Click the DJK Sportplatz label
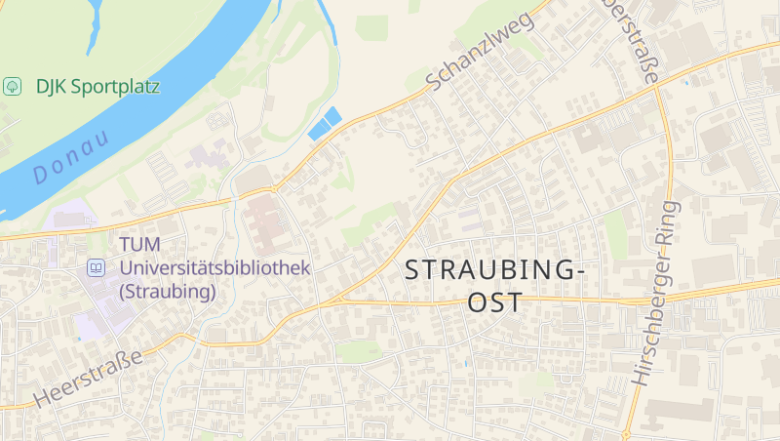click(97, 86)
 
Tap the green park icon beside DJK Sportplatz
click(13, 86)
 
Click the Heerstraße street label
click(88, 378)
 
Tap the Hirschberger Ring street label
click(655, 293)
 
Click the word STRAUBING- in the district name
click(493, 270)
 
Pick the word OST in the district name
click(494, 302)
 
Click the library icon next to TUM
click(96, 266)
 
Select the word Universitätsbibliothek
click(214, 266)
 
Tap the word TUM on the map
click(139, 244)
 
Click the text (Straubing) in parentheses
click(167, 291)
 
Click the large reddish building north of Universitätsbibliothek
click(266, 220)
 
